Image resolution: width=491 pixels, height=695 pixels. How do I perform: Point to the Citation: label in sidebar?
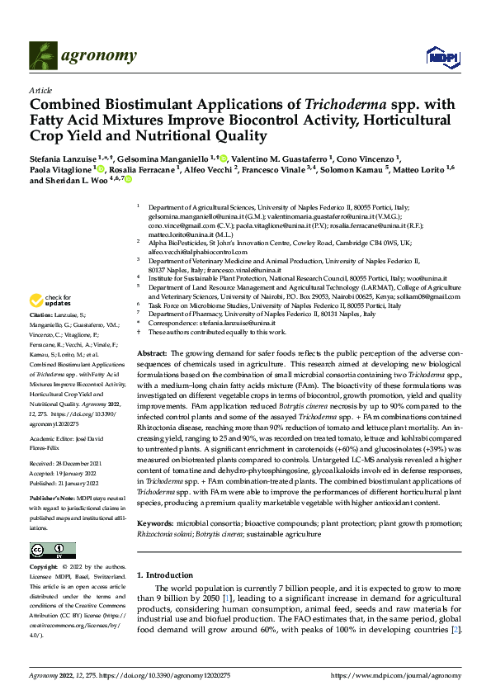coord(43,315)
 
